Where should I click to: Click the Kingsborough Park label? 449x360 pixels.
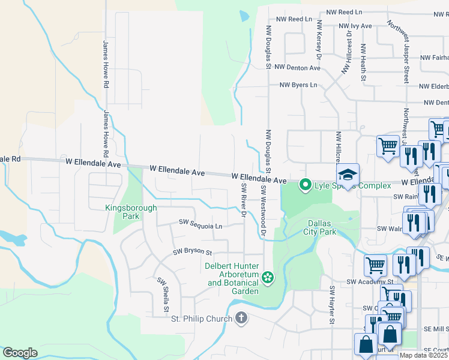click(131, 212)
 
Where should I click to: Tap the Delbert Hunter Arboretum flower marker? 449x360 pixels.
click(268, 277)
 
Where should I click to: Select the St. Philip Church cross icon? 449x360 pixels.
click(241, 318)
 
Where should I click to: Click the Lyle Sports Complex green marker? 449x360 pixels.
click(305, 185)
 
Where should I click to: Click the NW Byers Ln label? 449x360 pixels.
click(298, 85)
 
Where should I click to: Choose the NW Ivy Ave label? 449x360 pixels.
click(355, 26)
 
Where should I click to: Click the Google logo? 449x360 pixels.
click(20, 352)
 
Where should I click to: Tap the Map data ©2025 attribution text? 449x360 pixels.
click(424, 355)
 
